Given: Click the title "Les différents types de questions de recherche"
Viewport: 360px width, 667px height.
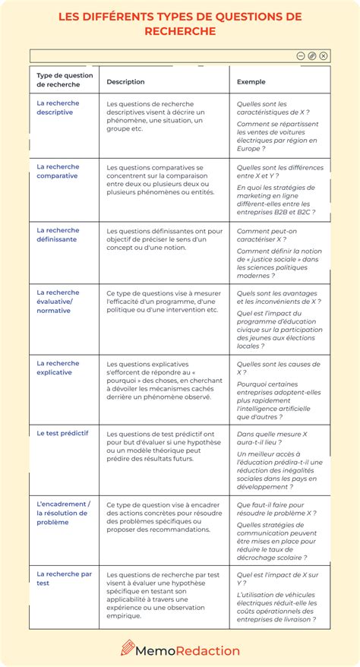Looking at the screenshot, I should pos(180,24).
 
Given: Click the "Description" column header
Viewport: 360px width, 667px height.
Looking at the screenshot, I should pos(125,81).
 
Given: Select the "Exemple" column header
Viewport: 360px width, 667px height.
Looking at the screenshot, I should pos(251,81).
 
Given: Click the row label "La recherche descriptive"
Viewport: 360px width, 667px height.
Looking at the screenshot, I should pos(58,108).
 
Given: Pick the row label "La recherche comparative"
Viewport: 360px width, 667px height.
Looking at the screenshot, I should pos(58,171).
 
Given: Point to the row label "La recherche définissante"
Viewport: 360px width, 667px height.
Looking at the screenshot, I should pos(58,235).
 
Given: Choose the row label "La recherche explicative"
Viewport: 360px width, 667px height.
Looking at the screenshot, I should pos(58,368).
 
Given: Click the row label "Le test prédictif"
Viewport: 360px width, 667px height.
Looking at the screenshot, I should pos(62,432).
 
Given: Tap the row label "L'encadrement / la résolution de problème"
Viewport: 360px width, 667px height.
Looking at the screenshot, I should pos(63,513).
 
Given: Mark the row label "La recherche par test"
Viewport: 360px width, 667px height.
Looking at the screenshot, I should pos(64,578).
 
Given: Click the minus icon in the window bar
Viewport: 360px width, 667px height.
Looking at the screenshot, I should pos(301,55).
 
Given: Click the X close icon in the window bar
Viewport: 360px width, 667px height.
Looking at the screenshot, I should pos(324,55).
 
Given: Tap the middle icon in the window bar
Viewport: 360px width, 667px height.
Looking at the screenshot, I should pos(312,55).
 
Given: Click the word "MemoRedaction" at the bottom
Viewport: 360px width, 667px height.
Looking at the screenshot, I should pos(189,650).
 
